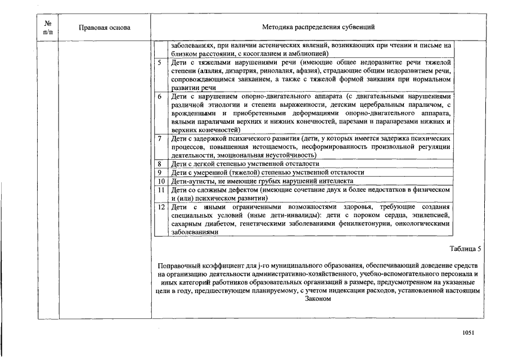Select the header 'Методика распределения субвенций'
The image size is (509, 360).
pyautogui.click(x=318, y=27)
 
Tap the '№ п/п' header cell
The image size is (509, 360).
pyautogui.click(x=47, y=27)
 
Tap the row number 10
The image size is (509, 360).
pyautogui.click(x=160, y=181)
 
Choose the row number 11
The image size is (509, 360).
pyautogui.click(x=160, y=190)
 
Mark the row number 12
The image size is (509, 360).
pyautogui.click(x=160, y=207)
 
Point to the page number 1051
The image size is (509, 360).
pyautogui.click(x=469, y=332)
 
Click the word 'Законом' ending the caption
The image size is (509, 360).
pyautogui.click(x=318, y=299)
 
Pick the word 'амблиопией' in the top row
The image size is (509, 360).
pyautogui.click(x=310, y=53)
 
